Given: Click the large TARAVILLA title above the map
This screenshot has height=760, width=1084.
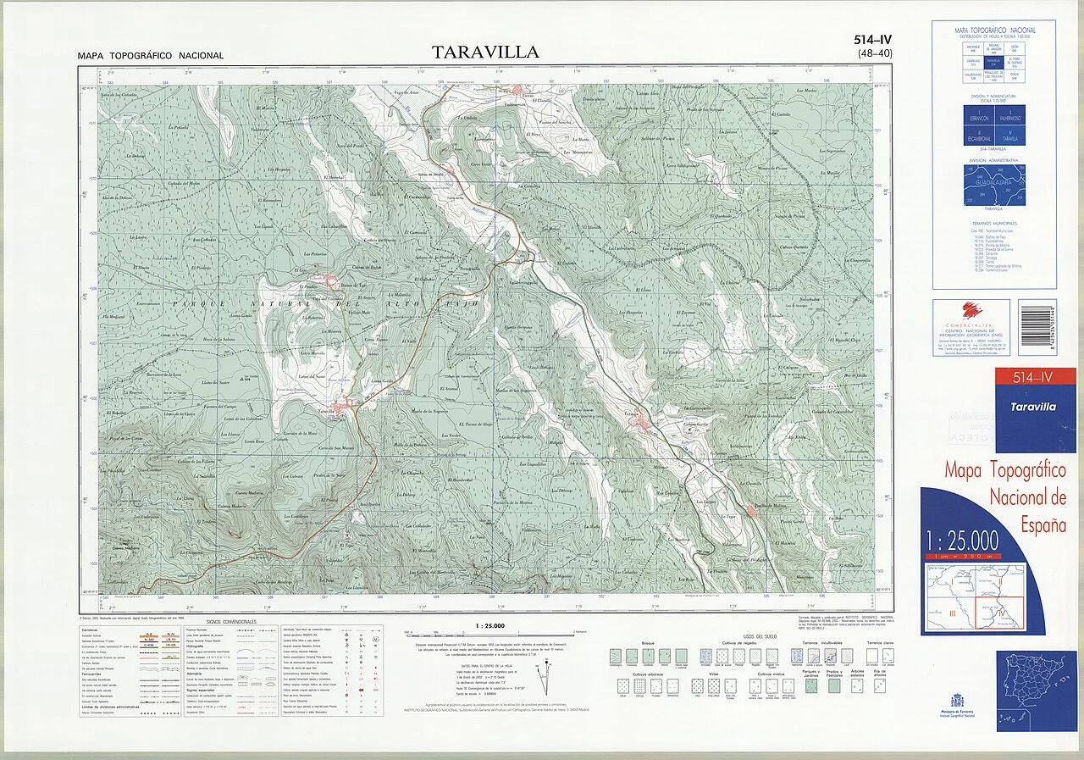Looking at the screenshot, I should coord(485,53).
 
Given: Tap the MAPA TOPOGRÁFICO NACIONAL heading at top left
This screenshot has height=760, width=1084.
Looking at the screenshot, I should coord(151,56).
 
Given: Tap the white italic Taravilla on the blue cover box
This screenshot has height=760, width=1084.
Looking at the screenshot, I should coord(1032,407).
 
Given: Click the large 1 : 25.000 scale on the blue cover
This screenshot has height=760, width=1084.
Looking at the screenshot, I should coord(963,540).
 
